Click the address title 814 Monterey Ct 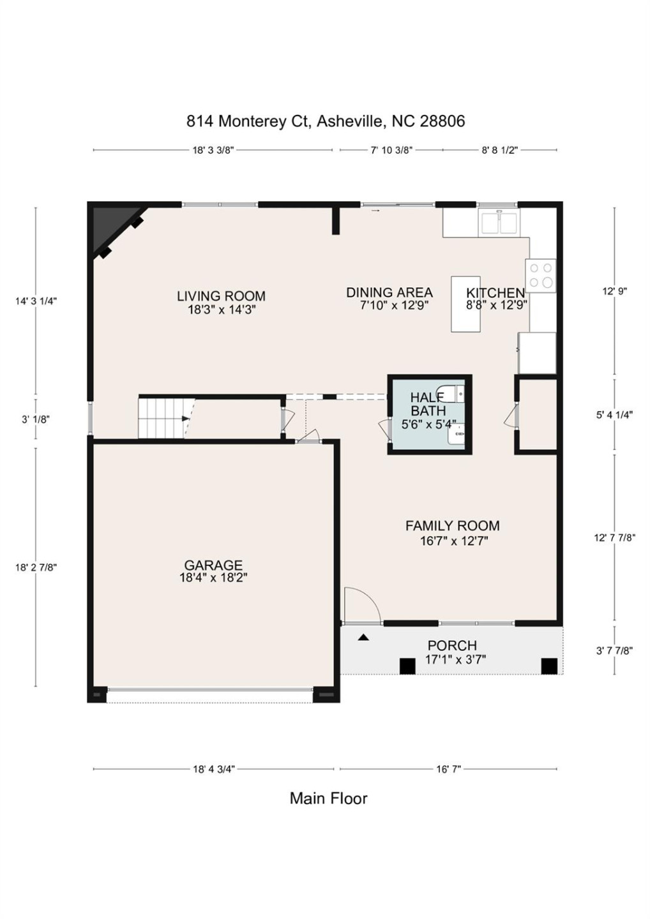[325, 121]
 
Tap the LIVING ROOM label [221, 296]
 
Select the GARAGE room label [213, 565]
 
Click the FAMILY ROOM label [452, 526]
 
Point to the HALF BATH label [428, 405]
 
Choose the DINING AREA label [389, 292]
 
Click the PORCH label [452, 645]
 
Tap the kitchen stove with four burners [541, 276]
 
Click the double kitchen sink [499, 223]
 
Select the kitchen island [465, 304]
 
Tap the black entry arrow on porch [363, 637]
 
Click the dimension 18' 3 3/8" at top [213, 151]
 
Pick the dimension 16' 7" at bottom [448, 769]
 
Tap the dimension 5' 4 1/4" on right [614, 415]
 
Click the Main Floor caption [328, 798]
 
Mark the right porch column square [549, 666]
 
